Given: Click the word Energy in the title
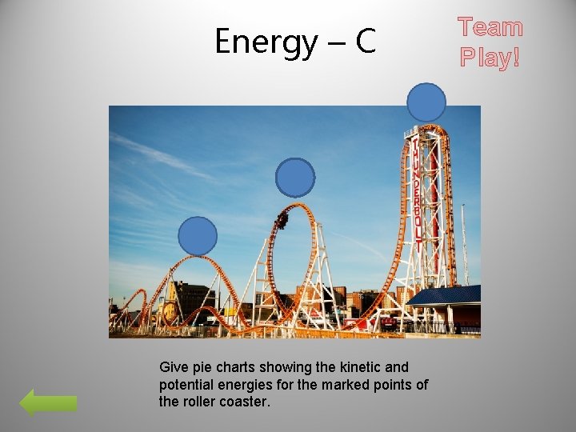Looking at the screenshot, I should [x=265, y=42].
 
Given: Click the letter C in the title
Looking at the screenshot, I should [x=365, y=42].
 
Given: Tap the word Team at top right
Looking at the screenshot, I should [x=490, y=28].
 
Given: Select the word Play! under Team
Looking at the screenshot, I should [x=490, y=58].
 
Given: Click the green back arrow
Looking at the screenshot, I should [x=48, y=402].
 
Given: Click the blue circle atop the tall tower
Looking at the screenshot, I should [x=426, y=103].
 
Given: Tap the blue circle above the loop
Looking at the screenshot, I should [x=296, y=178].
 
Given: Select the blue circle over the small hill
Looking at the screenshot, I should [x=198, y=236].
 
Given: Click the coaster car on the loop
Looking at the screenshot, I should [x=282, y=218].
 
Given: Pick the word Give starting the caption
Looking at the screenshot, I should [x=174, y=367].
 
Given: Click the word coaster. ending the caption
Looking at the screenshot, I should [x=247, y=402].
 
